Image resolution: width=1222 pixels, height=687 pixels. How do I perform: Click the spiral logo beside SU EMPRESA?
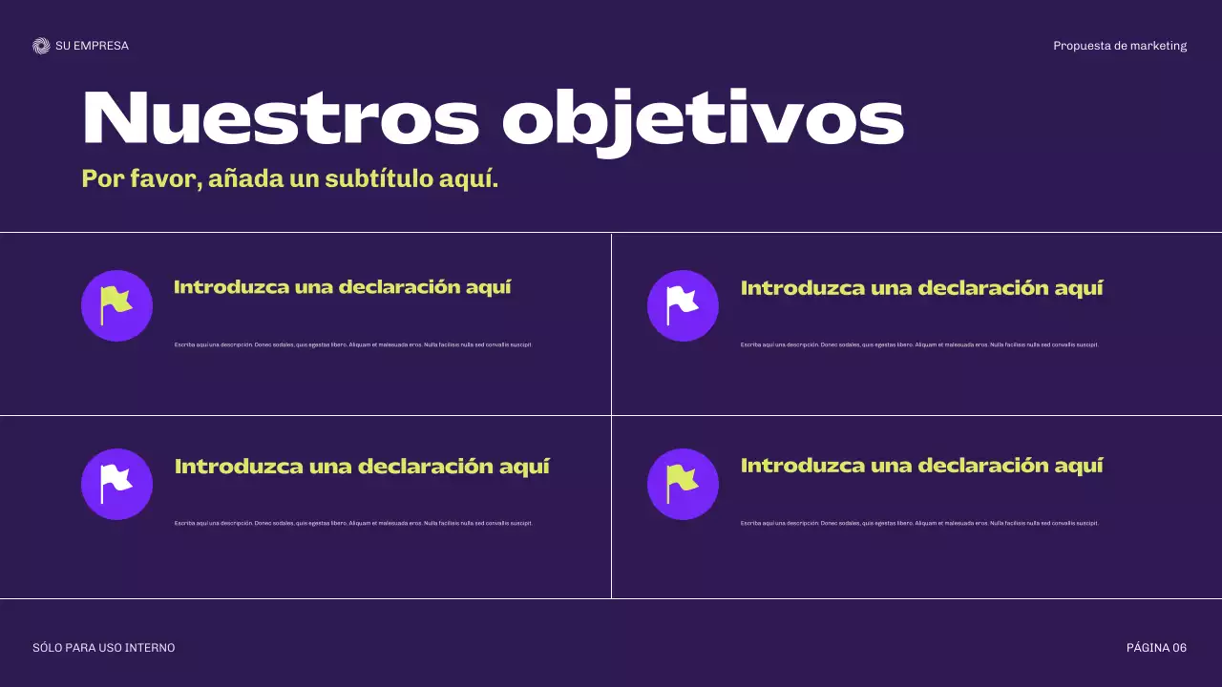coord(41,46)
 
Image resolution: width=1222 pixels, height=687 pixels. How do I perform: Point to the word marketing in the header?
coord(1158,46)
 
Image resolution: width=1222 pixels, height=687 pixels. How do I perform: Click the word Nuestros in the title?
coord(281,118)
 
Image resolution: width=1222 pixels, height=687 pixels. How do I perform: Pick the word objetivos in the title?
coord(703,120)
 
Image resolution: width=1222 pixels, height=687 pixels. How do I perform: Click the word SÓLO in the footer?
coord(47,648)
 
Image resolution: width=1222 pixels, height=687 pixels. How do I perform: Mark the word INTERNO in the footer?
coord(151,648)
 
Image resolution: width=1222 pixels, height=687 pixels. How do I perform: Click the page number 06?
coord(1179,648)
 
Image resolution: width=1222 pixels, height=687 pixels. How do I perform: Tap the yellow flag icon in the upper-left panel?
coord(116,304)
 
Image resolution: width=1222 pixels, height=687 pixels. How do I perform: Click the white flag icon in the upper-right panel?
coord(683,304)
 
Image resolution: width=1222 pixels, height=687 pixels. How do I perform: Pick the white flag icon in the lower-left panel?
coord(116,483)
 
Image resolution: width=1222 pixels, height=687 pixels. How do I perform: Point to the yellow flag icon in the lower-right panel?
coord(683,483)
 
